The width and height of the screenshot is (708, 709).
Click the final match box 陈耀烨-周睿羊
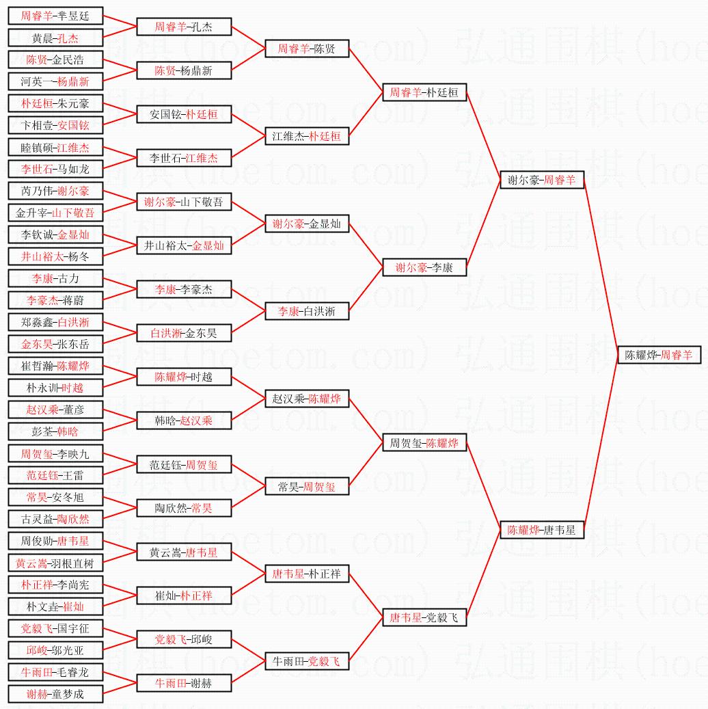659,356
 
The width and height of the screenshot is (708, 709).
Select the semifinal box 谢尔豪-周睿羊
542,180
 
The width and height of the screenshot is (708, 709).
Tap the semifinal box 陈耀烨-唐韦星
542,530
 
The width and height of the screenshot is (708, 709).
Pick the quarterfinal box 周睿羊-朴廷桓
424,93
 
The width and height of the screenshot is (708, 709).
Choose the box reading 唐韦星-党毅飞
424,618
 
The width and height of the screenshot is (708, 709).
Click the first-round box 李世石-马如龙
55,169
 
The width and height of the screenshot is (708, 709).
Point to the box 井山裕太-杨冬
55,256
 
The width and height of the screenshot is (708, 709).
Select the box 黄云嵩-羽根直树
55,563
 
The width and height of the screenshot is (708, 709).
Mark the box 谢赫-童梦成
55,694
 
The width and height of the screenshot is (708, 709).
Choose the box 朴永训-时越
55,388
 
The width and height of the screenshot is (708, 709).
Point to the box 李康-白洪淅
307,311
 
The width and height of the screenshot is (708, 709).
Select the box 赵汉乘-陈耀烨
307,399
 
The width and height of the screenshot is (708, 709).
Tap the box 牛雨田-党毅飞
307,661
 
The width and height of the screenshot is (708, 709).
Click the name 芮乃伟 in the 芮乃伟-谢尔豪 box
36,191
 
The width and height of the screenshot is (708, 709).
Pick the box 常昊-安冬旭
55,497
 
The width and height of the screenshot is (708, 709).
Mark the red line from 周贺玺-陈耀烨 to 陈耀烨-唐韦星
483,486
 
